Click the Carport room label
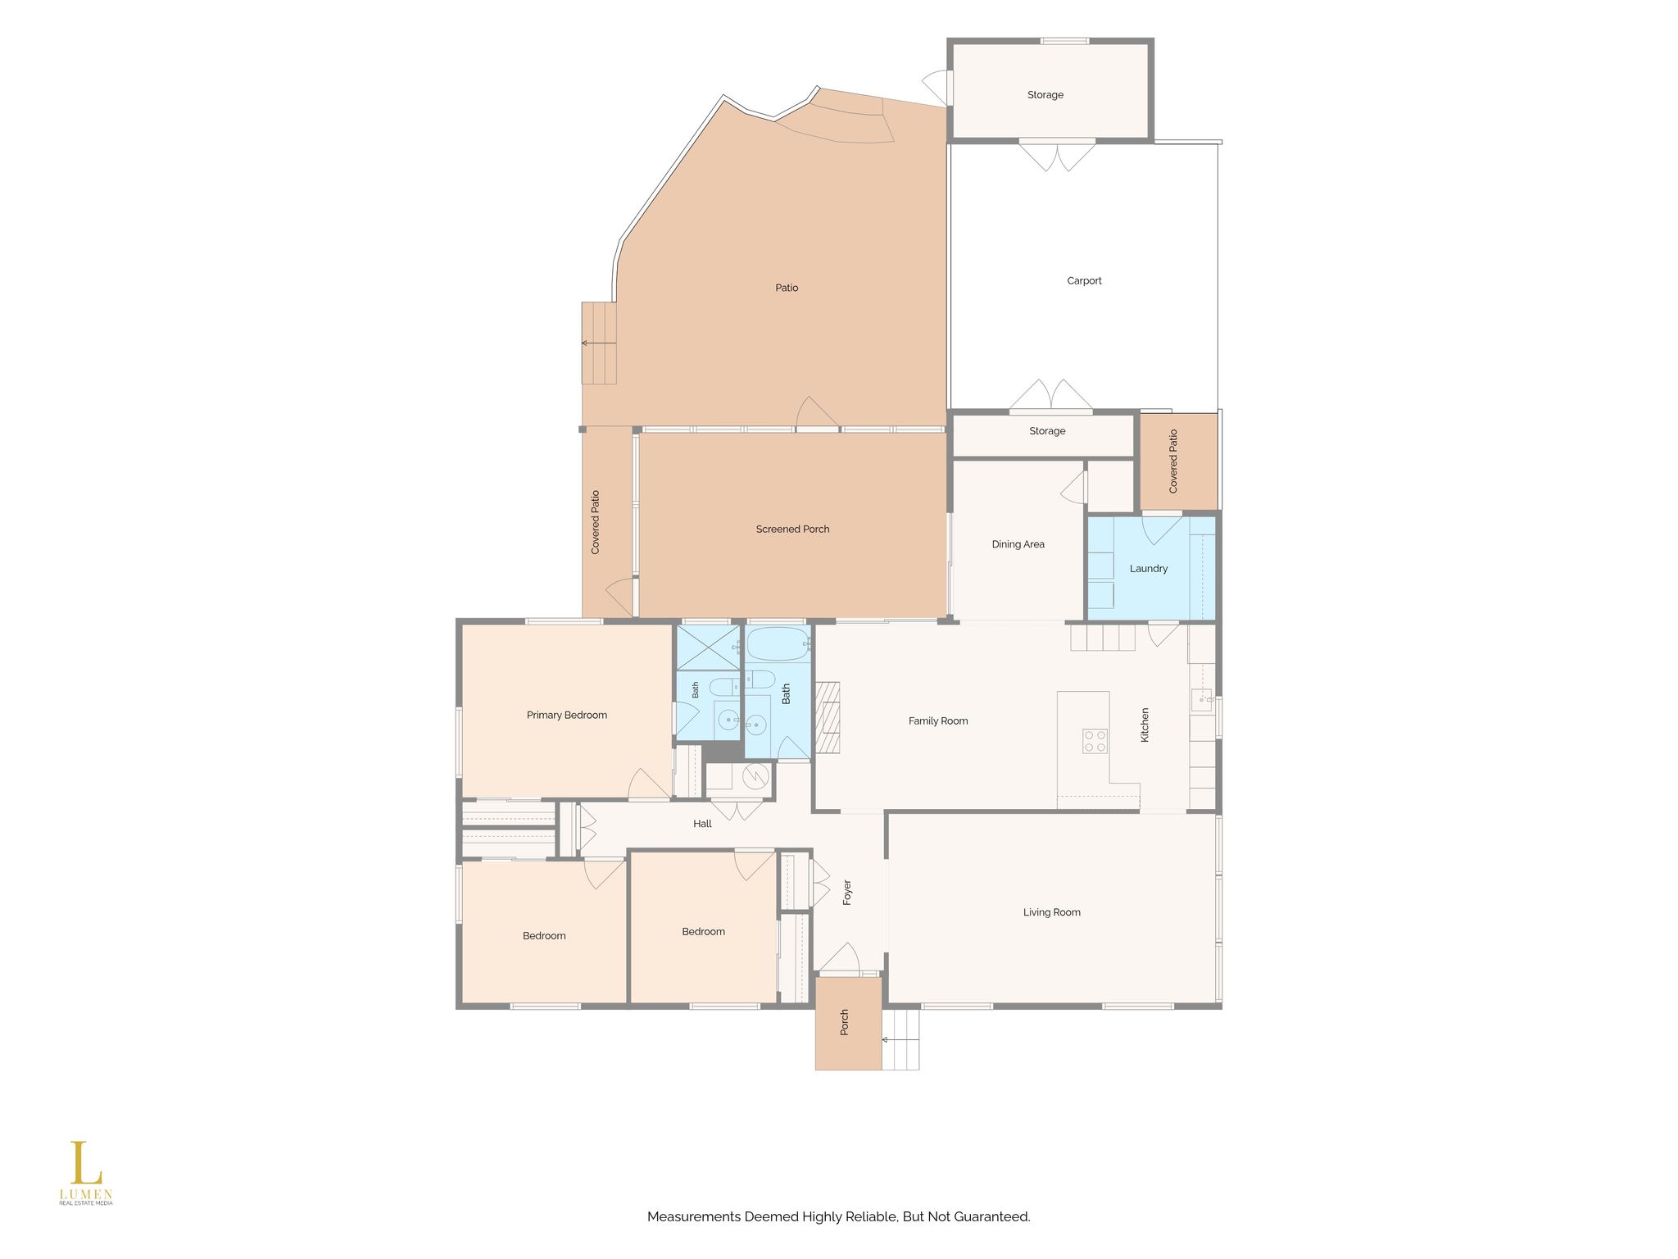coord(1084,281)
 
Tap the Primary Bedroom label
coord(567,716)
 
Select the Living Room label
coord(1051,912)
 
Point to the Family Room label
coord(938,721)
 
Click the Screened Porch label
coord(792,530)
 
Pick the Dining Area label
coord(1018,544)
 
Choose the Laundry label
coord(1149,569)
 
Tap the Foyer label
coord(847,892)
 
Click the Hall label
coord(702,824)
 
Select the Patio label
coord(787,288)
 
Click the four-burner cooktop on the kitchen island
coord(1095,741)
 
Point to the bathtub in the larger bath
coord(778,644)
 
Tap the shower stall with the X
coord(708,648)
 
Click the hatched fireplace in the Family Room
coord(828,716)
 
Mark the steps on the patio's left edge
coord(599,343)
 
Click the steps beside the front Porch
coord(900,1039)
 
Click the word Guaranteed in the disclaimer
coord(991,1217)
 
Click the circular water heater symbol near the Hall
coord(755,775)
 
